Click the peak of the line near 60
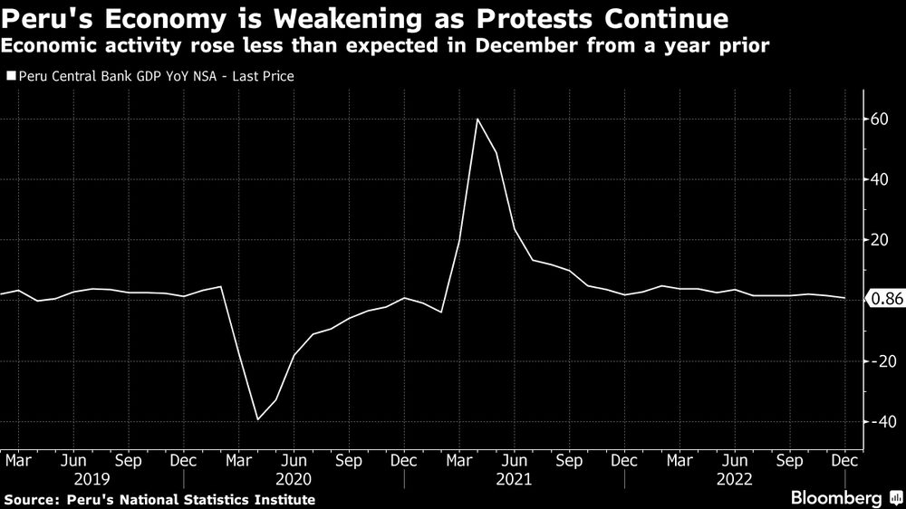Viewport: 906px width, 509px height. (x=477, y=119)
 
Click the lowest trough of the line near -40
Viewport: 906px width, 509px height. (x=257, y=419)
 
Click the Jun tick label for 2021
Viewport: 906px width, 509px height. (x=515, y=459)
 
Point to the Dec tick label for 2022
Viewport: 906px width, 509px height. (x=845, y=459)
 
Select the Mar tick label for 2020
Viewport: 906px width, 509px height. (x=238, y=459)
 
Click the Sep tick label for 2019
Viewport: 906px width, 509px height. (x=128, y=459)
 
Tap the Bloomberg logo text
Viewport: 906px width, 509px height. (x=836, y=498)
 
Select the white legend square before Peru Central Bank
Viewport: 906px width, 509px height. (x=10, y=77)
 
